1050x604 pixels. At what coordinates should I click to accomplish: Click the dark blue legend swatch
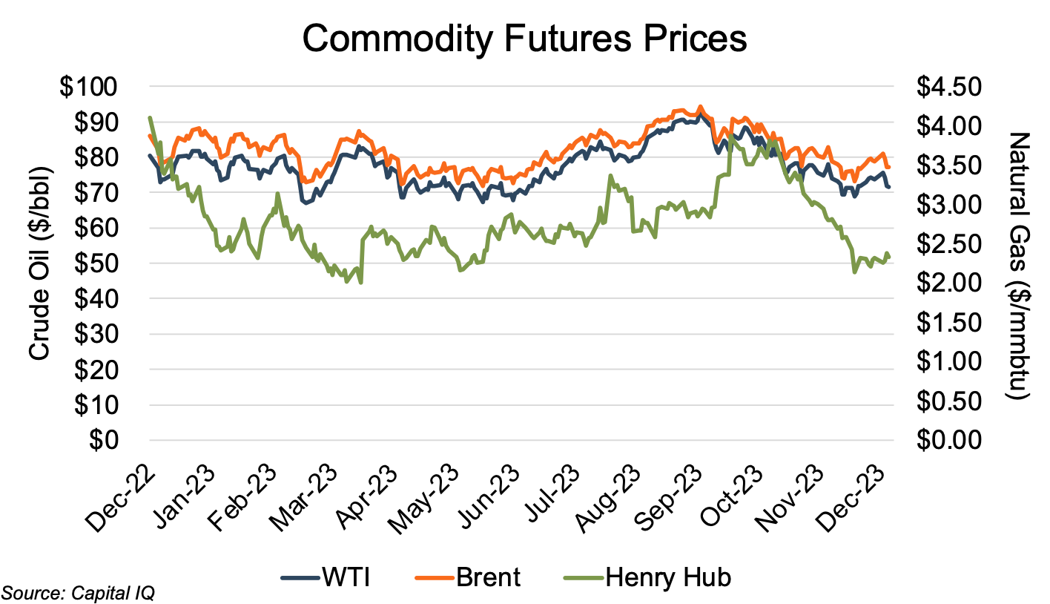pos(300,577)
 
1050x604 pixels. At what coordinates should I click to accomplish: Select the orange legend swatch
pos(435,577)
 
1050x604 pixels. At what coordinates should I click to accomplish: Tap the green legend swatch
pos(584,577)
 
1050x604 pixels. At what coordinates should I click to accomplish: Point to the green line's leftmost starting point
pos(150,117)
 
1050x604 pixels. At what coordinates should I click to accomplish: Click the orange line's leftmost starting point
pos(150,135)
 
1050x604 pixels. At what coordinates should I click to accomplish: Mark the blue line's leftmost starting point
pos(150,155)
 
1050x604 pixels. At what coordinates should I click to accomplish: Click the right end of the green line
pos(889,257)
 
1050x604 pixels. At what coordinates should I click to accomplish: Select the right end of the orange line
pos(888,168)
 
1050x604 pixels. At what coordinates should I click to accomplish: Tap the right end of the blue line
pos(889,187)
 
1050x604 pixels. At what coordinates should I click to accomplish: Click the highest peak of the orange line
pos(701,106)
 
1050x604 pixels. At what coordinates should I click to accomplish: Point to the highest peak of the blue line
pos(701,116)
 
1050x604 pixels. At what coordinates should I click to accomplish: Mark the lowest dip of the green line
pos(360,283)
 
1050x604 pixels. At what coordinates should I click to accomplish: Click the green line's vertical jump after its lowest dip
pos(362,260)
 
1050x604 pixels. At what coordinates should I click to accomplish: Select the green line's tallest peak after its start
pos(731,136)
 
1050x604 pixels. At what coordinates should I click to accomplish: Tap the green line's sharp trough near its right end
pos(854,272)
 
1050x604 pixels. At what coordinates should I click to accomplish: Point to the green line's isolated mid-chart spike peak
pos(610,176)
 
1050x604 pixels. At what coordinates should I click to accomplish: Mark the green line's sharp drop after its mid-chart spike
pos(632,215)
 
